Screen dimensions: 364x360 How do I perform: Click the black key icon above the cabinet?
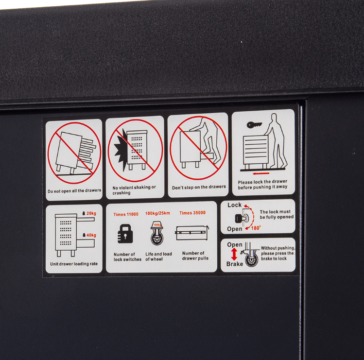tap(254, 125)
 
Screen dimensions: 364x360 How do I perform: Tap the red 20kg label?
tap(91, 213)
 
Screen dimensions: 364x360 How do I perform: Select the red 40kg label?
tap(91, 235)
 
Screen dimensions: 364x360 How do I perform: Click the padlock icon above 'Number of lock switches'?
tap(125, 234)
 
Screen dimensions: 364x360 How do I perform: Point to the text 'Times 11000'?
tap(126, 214)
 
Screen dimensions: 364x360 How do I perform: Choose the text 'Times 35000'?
tap(192, 213)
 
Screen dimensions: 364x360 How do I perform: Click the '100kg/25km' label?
tap(157, 213)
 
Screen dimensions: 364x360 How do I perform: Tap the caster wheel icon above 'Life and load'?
tap(157, 234)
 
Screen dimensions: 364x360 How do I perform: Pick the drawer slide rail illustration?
tap(192, 233)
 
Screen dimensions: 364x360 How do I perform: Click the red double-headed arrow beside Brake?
tap(234, 254)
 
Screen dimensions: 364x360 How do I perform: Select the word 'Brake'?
tap(235, 264)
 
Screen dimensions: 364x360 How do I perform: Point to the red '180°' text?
tap(256, 228)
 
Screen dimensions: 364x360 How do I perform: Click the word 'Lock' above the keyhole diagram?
tap(234, 205)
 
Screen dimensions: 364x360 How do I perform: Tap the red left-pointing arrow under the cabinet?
tap(261, 173)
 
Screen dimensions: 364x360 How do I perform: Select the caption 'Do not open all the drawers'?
tap(74, 191)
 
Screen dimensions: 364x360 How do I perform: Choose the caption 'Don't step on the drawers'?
tap(199, 187)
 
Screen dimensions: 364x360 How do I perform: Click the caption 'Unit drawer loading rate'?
tap(74, 264)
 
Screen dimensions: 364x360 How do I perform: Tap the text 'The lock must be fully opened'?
tap(277, 214)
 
